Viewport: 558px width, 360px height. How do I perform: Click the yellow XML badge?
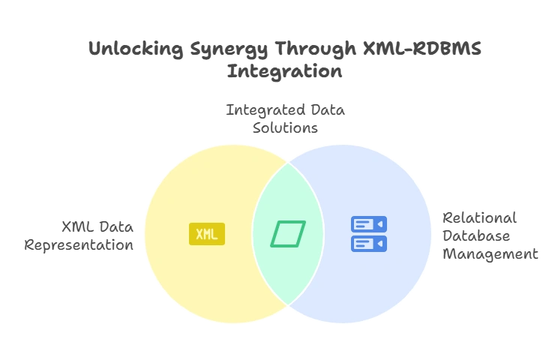(x=206, y=234)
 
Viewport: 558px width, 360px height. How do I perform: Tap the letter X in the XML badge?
(x=199, y=234)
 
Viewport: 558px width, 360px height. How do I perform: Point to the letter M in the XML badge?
(x=206, y=234)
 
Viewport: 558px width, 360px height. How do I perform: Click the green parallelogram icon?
(x=288, y=234)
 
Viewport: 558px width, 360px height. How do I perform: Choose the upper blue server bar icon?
(x=369, y=224)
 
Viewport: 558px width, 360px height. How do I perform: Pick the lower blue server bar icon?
(x=369, y=244)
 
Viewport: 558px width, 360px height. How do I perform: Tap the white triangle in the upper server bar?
(x=380, y=224)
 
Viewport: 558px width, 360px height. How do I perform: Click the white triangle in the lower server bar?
(x=380, y=244)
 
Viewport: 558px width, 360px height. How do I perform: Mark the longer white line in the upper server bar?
(x=363, y=222)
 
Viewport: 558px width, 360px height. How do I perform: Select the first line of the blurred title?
(x=285, y=47)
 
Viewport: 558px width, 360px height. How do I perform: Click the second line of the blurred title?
(x=285, y=71)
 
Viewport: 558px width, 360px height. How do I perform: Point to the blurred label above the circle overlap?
(x=284, y=120)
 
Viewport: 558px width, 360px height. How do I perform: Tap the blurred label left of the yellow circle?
(x=82, y=234)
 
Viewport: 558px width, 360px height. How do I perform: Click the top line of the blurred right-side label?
(x=480, y=220)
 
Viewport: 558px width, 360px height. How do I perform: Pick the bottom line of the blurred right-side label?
(x=487, y=255)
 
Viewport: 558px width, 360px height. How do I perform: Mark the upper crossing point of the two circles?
(x=289, y=162)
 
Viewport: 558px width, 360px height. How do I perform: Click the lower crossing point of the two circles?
(x=289, y=305)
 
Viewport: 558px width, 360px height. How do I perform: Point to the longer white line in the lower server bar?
(x=363, y=241)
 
